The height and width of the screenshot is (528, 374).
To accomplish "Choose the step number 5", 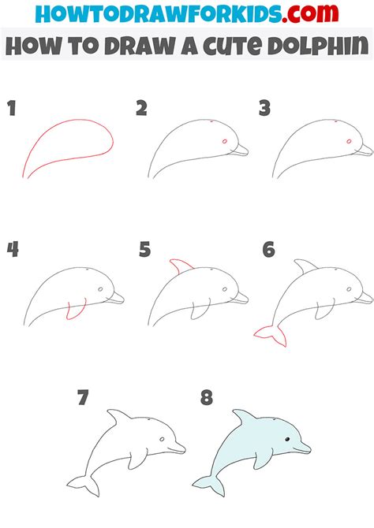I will [x=144, y=251].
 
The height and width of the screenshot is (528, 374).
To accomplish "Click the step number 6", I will [x=269, y=251].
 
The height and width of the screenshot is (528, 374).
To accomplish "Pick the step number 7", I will [x=82, y=398].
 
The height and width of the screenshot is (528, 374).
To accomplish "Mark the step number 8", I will [x=207, y=398].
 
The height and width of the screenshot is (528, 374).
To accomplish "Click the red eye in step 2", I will [x=226, y=142].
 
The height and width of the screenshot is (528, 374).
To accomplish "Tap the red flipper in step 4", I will [x=75, y=312].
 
